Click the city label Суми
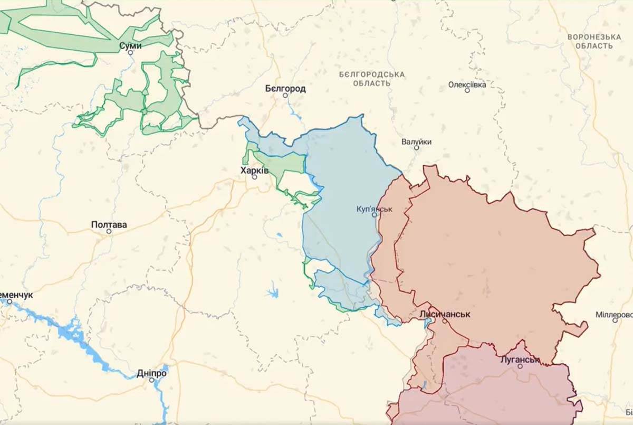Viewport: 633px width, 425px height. tap(130, 45)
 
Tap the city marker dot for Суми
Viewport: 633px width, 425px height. tap(131, 53)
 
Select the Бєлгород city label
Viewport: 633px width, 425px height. tap(285, 88)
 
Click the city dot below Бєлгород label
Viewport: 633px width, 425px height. tap(285, 96)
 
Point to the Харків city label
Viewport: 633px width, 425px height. tap(254, 171)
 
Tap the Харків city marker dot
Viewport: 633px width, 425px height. tap(255, 177)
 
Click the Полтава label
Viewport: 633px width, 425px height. tap(109, 224)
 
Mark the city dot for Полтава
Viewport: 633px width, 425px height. tap(109, 231)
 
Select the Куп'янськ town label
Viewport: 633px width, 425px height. tap(375, 209)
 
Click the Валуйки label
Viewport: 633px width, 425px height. tap(416, 141)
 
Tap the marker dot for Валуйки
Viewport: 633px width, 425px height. tap(416, 148)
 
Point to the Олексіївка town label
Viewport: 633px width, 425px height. tap(467, 84)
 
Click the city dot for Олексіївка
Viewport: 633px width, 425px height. tap(467, 90)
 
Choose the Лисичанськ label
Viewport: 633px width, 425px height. tap(445, 314)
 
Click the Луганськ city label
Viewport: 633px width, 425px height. tap(520, 360)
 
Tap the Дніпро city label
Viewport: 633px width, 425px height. tap(151, 373)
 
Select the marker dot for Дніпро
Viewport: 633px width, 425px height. tap(151, 380)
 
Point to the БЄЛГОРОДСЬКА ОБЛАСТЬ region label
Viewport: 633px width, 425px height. tap(372, 79)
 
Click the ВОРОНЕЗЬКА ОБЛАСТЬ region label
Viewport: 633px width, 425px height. tap(594, 41)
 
